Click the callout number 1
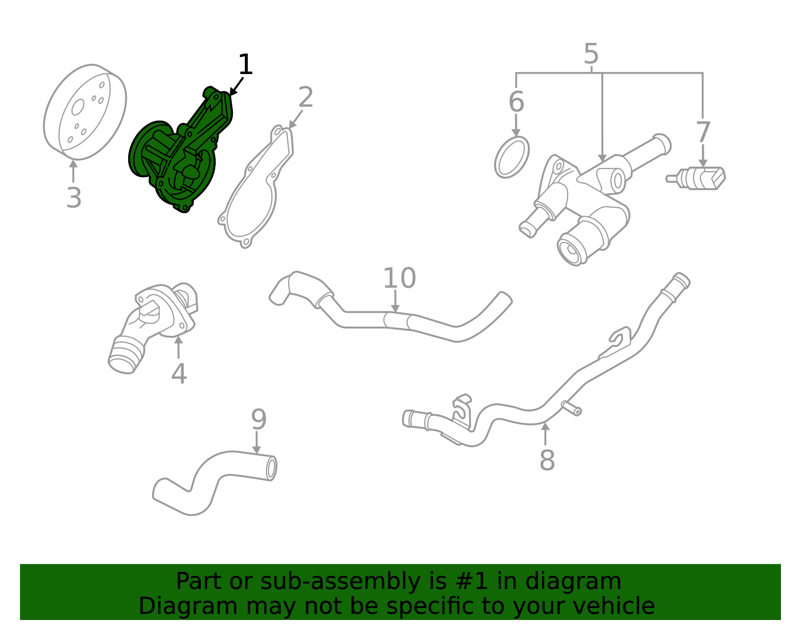(245, 65)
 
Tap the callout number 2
(305, 97)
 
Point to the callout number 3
(74, 198)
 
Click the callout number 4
(179, 374)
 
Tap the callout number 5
(591, 54)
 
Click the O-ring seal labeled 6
(512, 157)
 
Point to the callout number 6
(516, 102)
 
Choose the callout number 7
(703, 132)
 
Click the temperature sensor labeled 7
(698, 178)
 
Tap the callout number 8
(547, 460)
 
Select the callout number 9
(258, 419)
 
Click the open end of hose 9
(271, 468)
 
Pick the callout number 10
(399, 278)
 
